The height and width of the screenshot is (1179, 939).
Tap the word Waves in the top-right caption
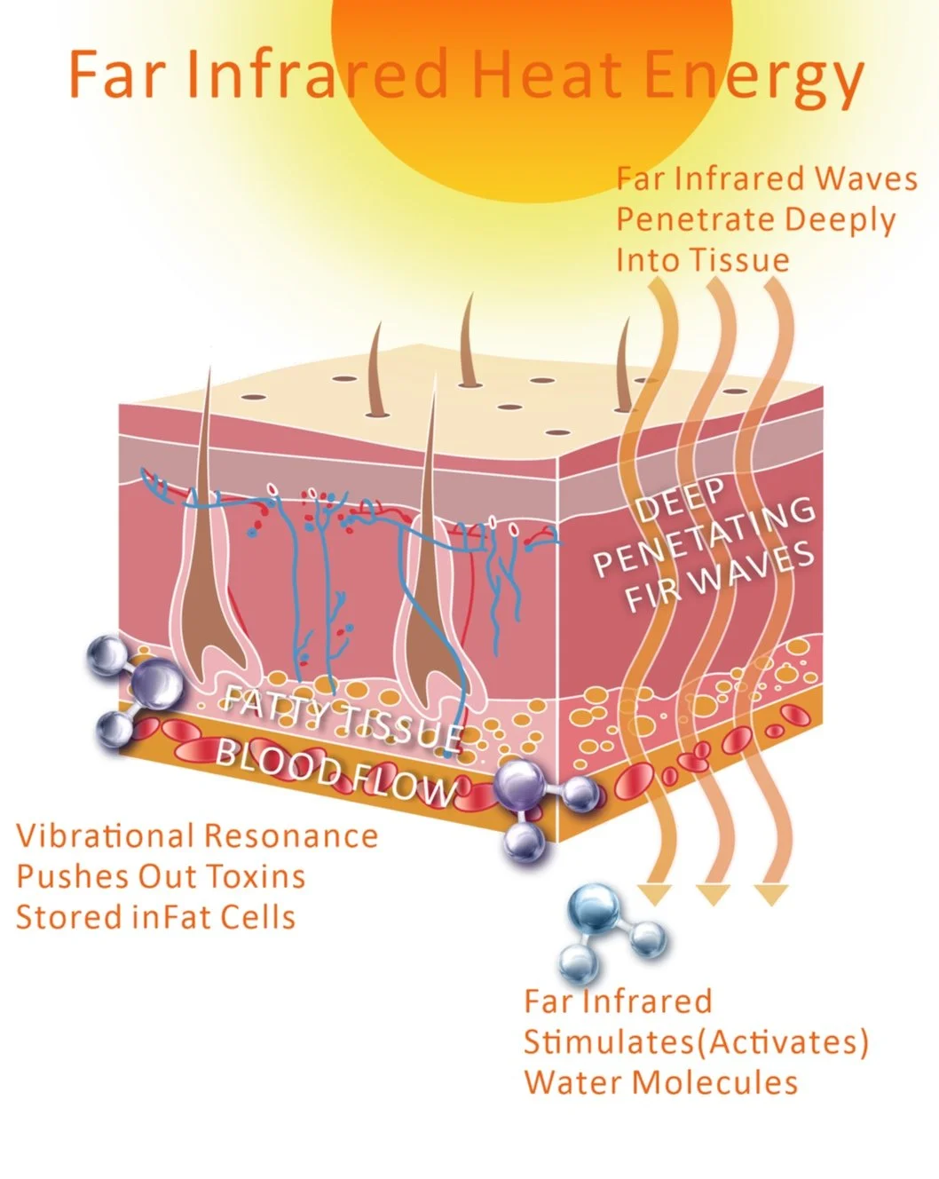tap(865, 178)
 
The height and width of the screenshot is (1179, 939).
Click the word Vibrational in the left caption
tap(105, 835)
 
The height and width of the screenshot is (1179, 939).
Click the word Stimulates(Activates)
tap(696, 1041)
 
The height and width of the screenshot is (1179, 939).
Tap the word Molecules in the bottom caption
tap(710, 1082)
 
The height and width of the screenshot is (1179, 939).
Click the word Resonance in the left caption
tap(289, 835)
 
